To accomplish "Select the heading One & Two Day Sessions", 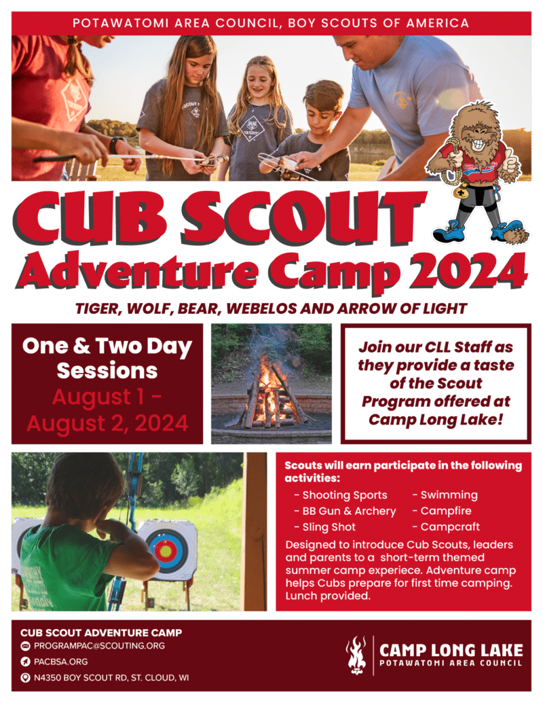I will [107, 358].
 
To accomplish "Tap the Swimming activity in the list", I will [449, 495].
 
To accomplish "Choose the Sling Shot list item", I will [329, 527].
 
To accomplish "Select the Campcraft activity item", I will [450, 527].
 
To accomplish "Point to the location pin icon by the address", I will [25, 677].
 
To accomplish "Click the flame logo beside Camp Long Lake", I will [356, 655].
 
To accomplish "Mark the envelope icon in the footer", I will [25, 646].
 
